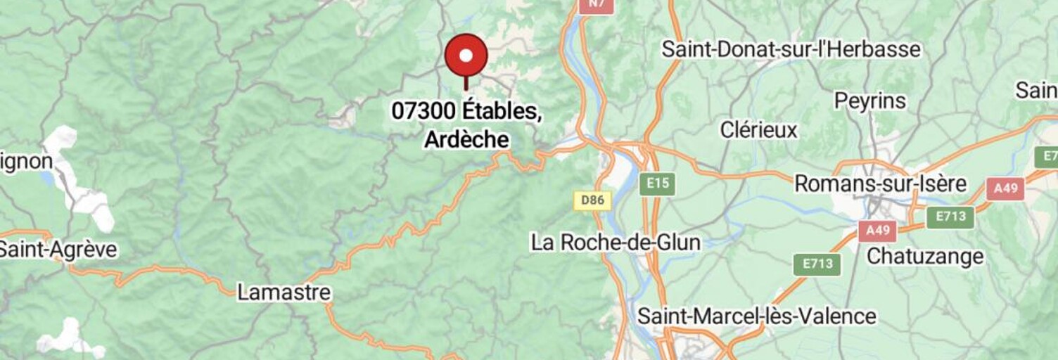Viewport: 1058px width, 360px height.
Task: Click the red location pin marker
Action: tap(466, 56)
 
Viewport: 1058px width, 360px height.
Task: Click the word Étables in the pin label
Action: tap(502, 111)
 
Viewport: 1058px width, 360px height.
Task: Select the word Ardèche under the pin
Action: tap(466, 139)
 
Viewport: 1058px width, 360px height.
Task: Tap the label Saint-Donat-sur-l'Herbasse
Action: tap(791, 49)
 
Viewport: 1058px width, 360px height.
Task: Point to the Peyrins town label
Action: tap(869, 101)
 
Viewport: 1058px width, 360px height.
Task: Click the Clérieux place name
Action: tap(758, 130)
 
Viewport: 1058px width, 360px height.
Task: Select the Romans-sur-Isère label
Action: tap(880, 184)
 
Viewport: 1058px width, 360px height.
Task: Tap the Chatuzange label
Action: tap(924, 257)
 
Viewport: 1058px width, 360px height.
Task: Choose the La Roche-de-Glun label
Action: tap(616, 243)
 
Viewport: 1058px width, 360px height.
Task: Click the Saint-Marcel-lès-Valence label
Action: tap(757, 316)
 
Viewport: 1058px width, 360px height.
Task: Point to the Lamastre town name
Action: tap(283, 292)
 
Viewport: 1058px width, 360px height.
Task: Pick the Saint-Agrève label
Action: tap(58, 250)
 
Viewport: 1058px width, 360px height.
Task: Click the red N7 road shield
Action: tap(596, 4)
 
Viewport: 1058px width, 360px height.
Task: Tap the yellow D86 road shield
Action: tap(592, 200)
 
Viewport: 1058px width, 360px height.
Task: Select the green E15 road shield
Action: tap(657, 184)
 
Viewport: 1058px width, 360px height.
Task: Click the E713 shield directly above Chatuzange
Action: tap(950, 217)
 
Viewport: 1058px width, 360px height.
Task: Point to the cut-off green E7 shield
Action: tap(1047, 156)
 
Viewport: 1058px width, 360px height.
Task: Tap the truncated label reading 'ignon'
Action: tap(26, 162)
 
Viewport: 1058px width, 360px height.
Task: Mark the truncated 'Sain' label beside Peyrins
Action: tap(1036, 91)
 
